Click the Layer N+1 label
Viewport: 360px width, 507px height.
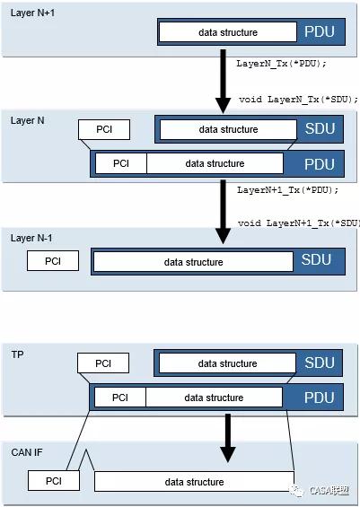pyautogui.click(x=32, y=13)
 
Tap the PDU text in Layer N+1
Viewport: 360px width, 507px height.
pyautogui.click(x=320, y=32)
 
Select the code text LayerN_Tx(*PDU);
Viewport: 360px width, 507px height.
pyautogui.click(x=281, y=64)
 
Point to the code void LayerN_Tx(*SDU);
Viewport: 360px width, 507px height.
pyautogui.click(x=299, y=100)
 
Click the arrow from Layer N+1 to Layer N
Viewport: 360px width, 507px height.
pyautogui.click(x=223, y=82)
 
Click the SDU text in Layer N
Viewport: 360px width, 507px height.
pyautogui.click(x=320, y=128)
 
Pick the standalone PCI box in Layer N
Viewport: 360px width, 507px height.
pyautogui.click(x=104, y=129)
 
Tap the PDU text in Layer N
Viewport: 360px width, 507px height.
pyautogui.click(x=320, y=164)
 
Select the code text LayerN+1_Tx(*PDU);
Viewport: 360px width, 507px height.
pyautogui.click(x=287, y=190)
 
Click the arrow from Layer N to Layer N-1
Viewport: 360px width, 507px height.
pyautogui.click(x=223, y=212)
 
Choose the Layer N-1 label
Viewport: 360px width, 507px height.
pyautogui.click(x=31, y=238)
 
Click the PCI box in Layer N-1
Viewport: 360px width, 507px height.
pyautogui.click(x=53, y=260)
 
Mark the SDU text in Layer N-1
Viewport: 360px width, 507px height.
pyautogui.click(x=316, y=259)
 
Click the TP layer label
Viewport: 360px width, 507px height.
pyautogui.click(x=17, y=354)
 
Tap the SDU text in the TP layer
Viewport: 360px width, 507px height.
pyautogui.click(x=320, y=363)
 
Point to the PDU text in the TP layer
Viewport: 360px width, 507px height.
pyautogui.click(x=319, y=398)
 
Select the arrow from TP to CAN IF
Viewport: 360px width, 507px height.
pyautogui.click(x=228, y=439)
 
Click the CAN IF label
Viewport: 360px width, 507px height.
pyautogui.click(x=27, y=452)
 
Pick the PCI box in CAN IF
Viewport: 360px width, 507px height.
pyautogui.click(x=54, y=481)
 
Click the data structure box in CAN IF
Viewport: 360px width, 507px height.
pyautogui.click(x=195, y=482)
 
